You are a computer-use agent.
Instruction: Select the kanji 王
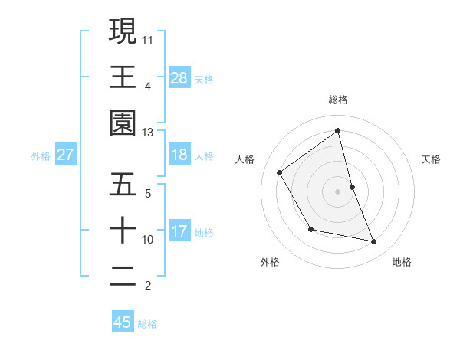click(123, 77)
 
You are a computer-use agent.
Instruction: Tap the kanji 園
click(123, 123)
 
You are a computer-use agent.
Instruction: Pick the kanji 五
click(123, 185)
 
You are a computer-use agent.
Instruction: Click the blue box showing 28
click(179, 77)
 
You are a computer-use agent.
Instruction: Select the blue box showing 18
click(179, 155)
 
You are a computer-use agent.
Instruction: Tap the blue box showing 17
click(179, 231)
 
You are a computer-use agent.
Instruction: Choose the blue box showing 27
click(66, 155)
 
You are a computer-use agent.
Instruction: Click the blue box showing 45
click(123, 322)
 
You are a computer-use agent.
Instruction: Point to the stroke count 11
click(148, 39)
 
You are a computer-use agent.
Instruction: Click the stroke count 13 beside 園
click(148, 133)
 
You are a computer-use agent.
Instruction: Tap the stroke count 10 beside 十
click(148, 240)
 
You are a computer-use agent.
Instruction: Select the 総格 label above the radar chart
click(338, 100)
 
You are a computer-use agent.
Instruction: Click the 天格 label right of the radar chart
click(432, 159)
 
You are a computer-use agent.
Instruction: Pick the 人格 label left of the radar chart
click(245, 159)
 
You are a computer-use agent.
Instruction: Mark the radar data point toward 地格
click(374, 242)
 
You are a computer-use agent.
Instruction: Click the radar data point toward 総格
click(338, 131)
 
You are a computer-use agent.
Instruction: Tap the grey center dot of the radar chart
click(338, 191)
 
